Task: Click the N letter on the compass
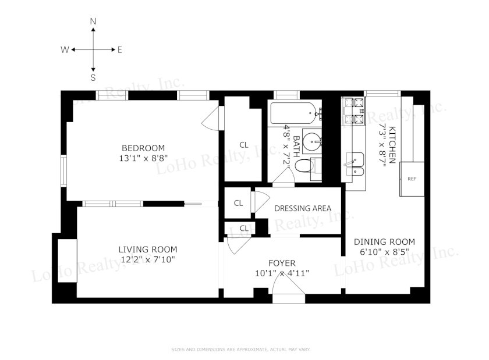click(x=93, y=21)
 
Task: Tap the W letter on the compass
click(x=65, y=49)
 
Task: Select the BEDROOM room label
click(x=143, y=148)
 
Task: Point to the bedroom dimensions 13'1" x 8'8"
click(x=143, y=158)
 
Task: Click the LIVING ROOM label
click(x=148, y=249)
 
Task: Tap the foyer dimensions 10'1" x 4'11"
click(x=282, y=273)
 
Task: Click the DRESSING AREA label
click(x=303, y=208)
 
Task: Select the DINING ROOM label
click(x=384, y=241)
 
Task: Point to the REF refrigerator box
click(x=412, y=179)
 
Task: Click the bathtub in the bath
click(x=294, y=113)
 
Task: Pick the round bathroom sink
click(x=312, y=142)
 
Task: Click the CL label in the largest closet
click(x=244, y=145)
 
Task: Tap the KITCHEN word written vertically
click(x=392, y=145)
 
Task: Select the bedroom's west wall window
click(x=63, y=170)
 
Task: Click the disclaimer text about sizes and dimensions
click(x=241, y=350)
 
